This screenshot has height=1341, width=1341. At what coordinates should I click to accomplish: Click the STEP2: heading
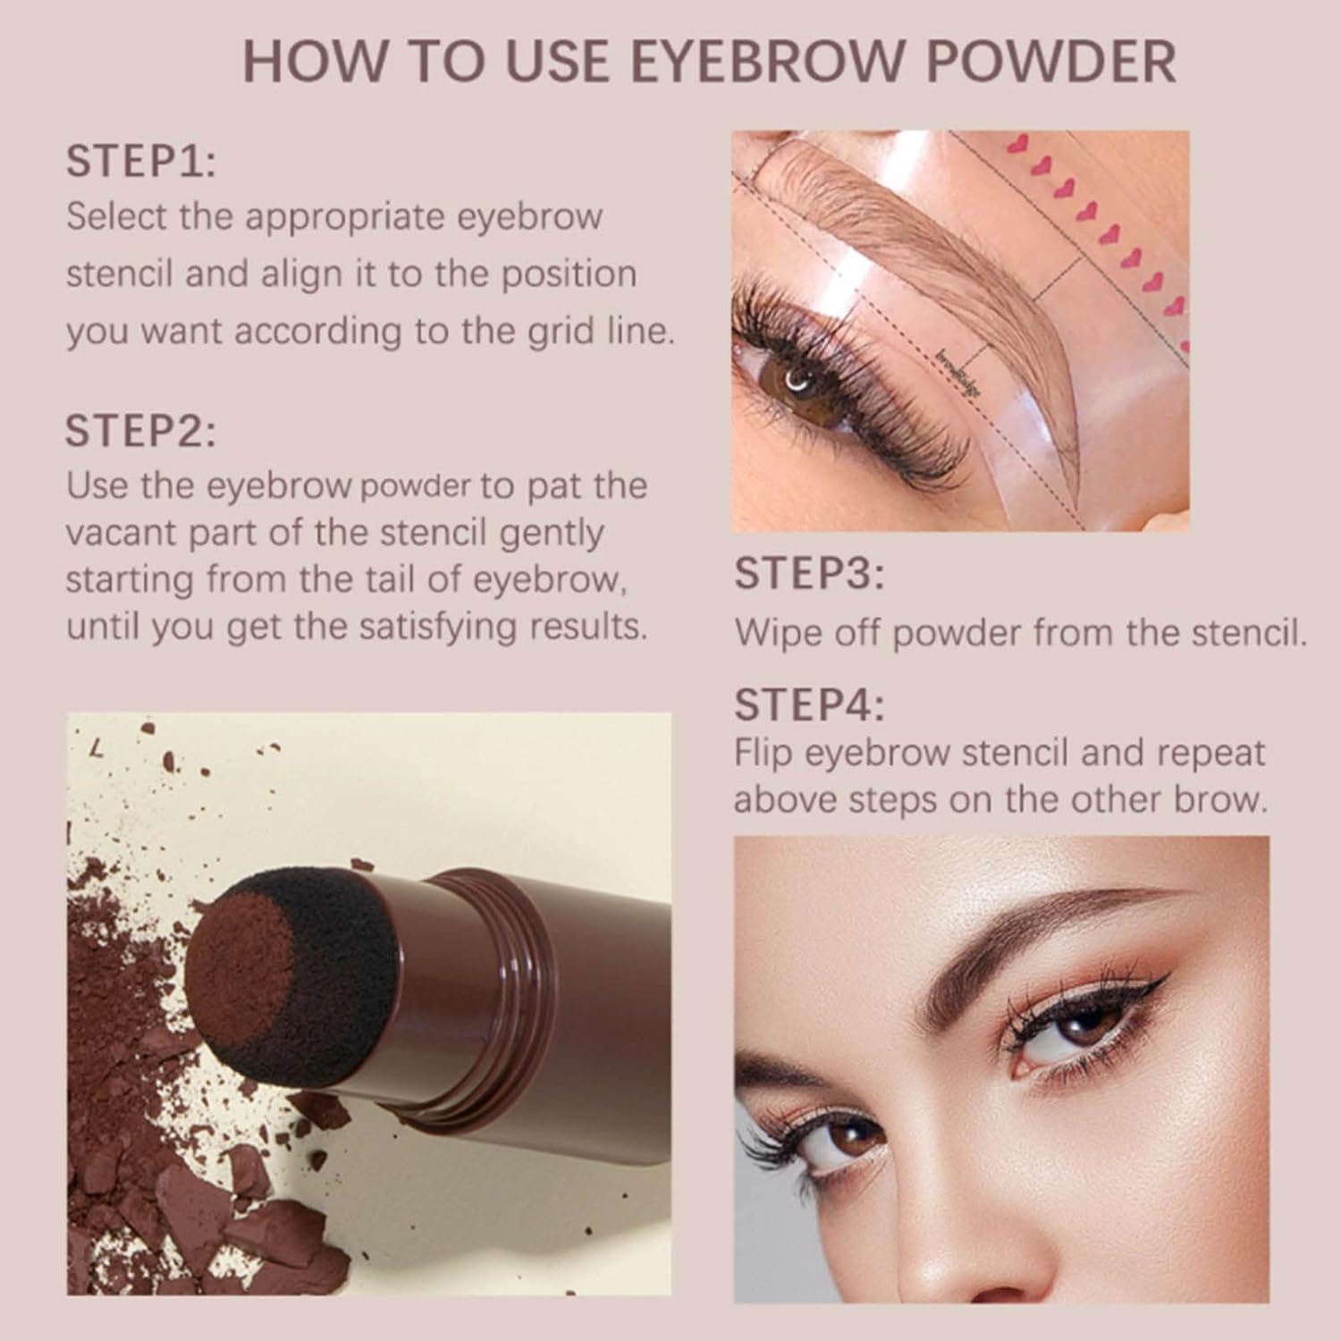[140, 431]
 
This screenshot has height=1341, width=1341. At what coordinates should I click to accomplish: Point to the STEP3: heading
[809, 574]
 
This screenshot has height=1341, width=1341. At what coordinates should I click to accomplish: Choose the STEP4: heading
[809, 705]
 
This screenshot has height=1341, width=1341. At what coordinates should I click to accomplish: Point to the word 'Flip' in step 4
[764, 753]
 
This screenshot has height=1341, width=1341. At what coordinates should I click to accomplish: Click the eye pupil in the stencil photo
[795, 384]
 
